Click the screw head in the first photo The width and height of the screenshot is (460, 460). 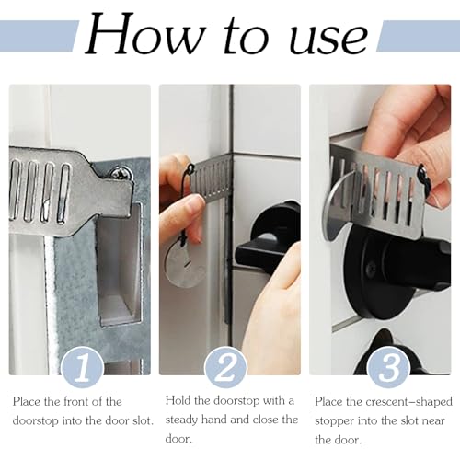pyautogui.click(x=121, y=172)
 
